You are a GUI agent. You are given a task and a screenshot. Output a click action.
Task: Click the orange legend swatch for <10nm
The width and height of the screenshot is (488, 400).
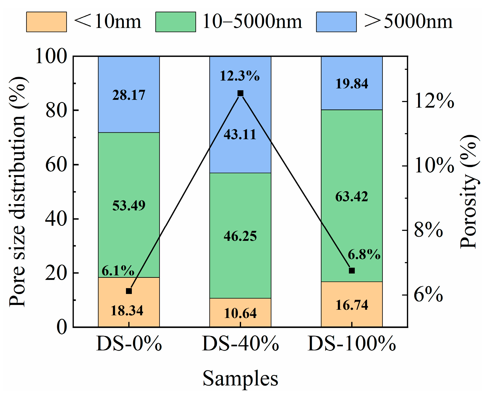click(46, 22)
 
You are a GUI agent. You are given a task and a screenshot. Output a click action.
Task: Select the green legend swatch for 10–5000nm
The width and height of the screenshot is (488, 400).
click(175, 22)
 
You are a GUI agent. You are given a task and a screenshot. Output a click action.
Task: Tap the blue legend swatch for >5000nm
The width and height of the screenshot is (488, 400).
click(336, 22)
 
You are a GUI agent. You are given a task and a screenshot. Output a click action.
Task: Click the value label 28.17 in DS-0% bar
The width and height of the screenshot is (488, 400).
click(129, 95)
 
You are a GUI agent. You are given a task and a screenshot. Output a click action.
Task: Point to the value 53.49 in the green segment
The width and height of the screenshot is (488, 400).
click(129, 206)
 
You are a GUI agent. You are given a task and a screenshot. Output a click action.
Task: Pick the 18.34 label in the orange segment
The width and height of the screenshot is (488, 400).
click(127, 310)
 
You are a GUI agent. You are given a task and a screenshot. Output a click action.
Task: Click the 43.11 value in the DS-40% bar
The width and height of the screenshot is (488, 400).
click(240, 134)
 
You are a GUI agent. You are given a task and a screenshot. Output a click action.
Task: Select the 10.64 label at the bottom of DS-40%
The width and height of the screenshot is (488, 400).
click(240, 313)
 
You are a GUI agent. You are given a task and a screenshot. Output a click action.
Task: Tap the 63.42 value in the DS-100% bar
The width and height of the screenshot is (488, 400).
click(351, 197)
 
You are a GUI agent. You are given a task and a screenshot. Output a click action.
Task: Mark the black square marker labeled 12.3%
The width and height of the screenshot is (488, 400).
click(240, 93)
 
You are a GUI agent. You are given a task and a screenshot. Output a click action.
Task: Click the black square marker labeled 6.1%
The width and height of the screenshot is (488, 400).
click(129, 291)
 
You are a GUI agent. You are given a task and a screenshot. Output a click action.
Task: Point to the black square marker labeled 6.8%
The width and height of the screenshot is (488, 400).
click(352, 271)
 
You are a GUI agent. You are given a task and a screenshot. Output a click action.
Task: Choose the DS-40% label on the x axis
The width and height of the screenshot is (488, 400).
click(240, 344)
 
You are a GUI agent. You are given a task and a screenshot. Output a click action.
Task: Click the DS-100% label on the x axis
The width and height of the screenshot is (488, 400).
click(352, 344)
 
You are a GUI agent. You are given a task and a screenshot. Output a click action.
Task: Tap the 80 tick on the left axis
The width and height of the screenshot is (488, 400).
click(56, 110)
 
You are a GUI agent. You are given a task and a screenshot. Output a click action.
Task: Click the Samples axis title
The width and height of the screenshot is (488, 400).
click(240, 378)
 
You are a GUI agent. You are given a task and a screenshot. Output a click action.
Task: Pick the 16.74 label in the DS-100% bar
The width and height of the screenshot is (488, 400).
click(352, 305)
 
